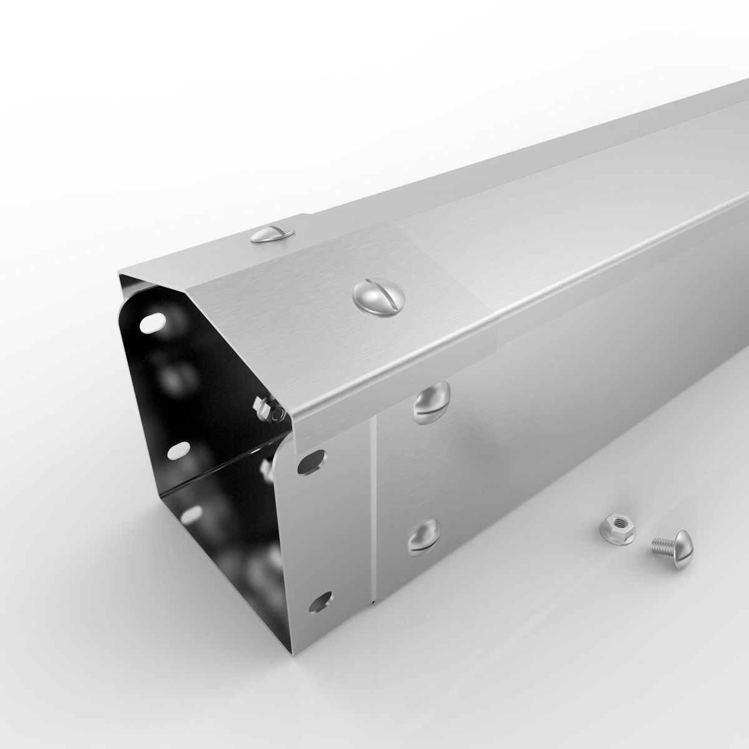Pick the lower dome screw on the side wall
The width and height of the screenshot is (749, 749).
point(423,537)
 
